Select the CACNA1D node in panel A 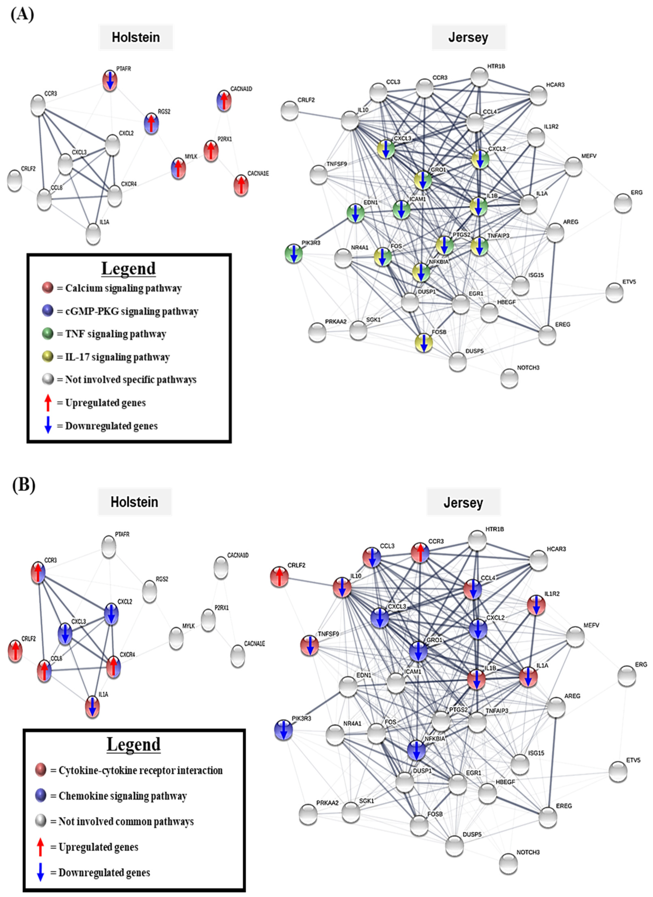click(x=224, y=100)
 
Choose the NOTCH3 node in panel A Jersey click(x=509, y=378)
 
